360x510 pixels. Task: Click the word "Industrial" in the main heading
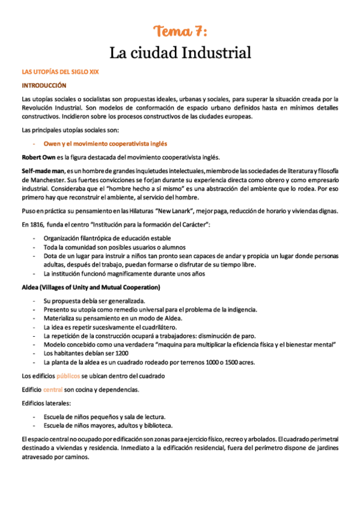tap(219, 53)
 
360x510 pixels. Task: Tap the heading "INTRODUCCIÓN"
tap(44, 85)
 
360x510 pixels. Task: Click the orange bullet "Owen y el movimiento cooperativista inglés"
tap(105, 144)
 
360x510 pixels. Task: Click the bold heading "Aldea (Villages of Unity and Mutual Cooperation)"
tap(90, 287)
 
